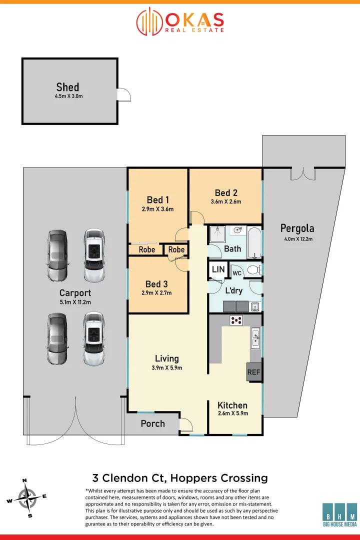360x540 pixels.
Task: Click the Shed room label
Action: [67, 87]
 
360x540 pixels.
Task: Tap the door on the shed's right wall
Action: [123, 94]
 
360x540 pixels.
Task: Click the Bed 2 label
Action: [225, 193]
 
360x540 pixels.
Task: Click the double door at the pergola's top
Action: [303, 173]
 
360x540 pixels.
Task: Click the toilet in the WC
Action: [253, 270]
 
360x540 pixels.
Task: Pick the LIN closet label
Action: [218, 269]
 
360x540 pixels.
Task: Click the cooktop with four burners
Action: [236, 320]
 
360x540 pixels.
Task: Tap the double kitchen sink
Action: [255, 337]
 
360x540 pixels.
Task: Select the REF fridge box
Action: [254, 372]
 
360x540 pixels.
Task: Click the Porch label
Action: [152, 423]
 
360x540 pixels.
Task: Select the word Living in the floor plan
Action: [166, 358]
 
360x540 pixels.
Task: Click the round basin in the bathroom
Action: [236, 231]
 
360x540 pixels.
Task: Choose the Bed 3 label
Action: [157, 284]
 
